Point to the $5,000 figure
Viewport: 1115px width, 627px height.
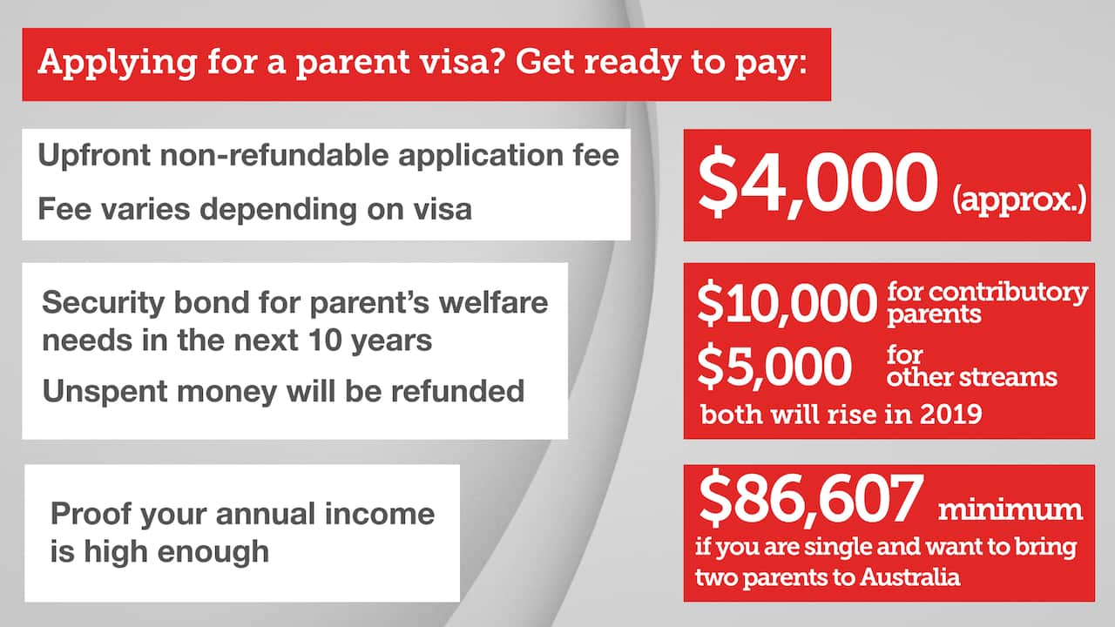774,367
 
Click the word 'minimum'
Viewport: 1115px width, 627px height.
1010,509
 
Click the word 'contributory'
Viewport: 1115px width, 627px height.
987,293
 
